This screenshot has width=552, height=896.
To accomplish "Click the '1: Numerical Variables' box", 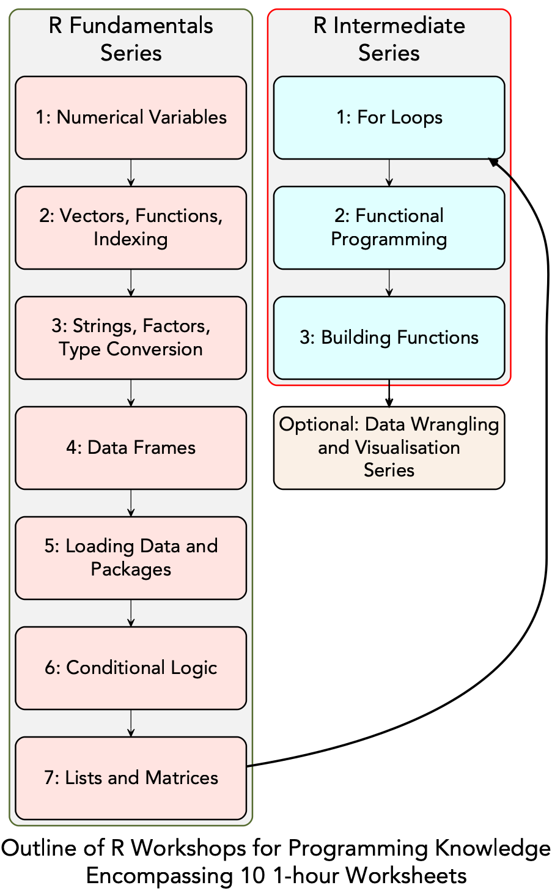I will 131,117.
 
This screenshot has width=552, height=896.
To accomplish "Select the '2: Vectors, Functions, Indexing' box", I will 131,228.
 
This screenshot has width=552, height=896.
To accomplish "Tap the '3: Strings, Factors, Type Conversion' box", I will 131,338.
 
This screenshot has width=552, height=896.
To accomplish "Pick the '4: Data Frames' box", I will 131,448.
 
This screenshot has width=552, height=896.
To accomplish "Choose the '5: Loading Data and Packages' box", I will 131,558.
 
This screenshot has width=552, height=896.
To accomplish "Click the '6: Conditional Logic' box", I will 131,668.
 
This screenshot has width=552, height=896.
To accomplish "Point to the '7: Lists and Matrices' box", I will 131,778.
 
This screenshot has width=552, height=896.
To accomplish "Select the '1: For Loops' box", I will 389,117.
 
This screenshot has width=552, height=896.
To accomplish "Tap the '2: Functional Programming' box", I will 389,228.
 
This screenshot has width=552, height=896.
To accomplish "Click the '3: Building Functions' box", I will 389,338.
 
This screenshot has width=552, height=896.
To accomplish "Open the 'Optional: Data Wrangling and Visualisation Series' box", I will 389,448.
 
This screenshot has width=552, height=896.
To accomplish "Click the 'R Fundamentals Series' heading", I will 131,39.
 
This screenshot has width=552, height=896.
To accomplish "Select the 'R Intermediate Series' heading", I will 389,39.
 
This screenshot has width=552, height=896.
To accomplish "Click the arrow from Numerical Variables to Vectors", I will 131,172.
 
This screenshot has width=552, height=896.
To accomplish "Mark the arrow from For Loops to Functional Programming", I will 389,172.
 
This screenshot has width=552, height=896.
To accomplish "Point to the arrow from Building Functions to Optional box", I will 389,393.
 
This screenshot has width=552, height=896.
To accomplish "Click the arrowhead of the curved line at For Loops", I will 493,161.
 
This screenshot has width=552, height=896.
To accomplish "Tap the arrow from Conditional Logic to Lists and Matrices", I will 131,723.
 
